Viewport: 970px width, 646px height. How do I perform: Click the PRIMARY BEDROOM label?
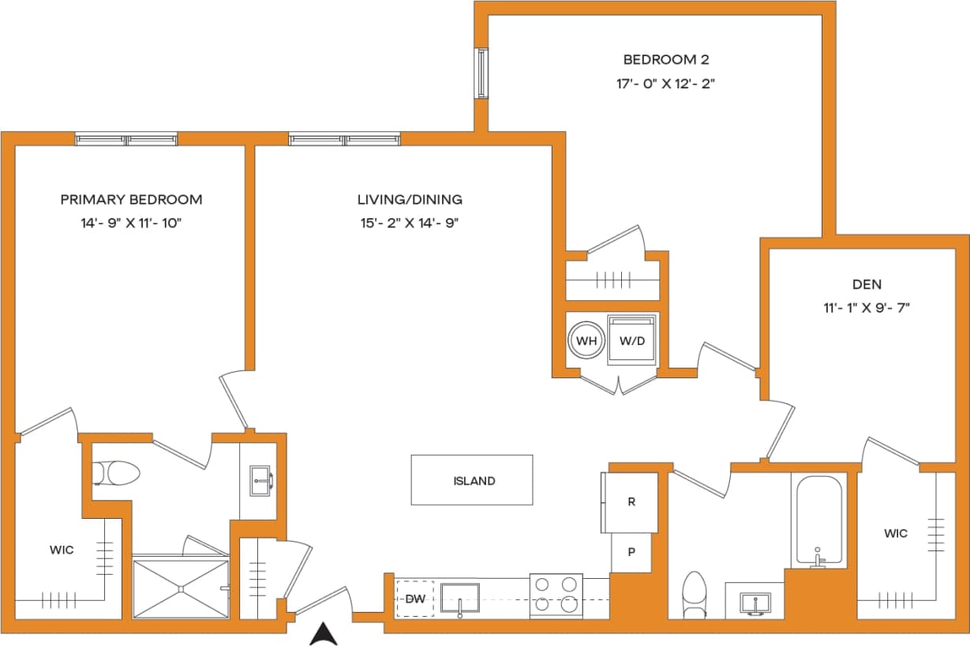pyautogui.click(x=131, y=200)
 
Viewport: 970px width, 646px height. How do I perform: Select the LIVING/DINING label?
pyautogui.click(x=410, y=200)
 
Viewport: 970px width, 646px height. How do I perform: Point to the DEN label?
pyautogui.click(x=867, y=284)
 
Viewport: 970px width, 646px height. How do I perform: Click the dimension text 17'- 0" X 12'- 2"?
pyautogui.click(x=665, y=84)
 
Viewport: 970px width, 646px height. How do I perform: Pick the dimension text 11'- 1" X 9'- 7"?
pyautogui.click(x=867, y=308)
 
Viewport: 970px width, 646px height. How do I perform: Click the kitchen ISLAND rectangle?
pyautogui.click(x=472, y=480)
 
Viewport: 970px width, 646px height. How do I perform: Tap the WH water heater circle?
pyautogui.click(x=586, y=341)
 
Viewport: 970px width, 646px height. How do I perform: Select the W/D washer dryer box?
pyautogui.click(x=632, y=341)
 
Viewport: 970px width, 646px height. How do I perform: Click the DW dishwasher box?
pyautogui.click(x=415, y=599)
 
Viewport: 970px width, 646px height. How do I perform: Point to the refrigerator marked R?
pyautogui.click(x=631, y=502)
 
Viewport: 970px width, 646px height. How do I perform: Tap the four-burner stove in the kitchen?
pyautogui.click(x=556, y=595)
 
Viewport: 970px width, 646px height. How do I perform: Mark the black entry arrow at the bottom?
pyautogui.click(x=324, y=634)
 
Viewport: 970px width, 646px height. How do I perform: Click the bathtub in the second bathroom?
pyautogui.click(x=818, y=521)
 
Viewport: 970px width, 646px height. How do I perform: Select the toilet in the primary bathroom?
pyautogui.click(x=116, y=474)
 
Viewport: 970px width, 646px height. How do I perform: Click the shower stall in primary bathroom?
pyautogui.click(x=180, y=588)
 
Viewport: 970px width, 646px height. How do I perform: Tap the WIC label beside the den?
pyautogui.click(x=895, y=534)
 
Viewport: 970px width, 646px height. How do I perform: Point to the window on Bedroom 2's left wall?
pyautogui.click(x=481, y=73)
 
